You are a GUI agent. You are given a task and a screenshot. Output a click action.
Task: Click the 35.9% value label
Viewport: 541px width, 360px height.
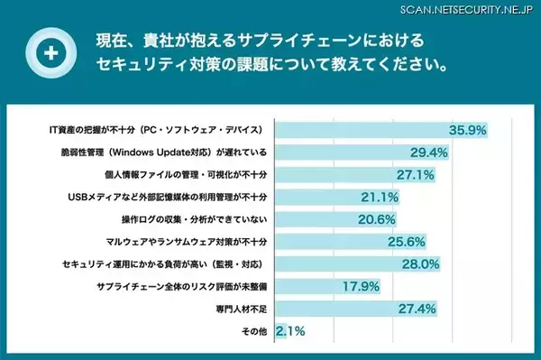click(469, 130)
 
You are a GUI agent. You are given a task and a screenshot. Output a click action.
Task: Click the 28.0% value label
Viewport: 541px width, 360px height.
click(421, 264)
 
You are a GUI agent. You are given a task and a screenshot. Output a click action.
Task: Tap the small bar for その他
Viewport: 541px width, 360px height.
click(280, 331)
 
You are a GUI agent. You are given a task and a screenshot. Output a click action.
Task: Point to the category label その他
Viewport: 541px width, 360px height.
click(254, 331)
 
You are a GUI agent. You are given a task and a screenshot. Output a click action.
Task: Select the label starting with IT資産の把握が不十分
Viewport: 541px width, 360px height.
click(156, 130)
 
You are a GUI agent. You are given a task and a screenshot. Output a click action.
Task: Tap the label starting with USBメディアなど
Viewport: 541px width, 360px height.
click(169, 197)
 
